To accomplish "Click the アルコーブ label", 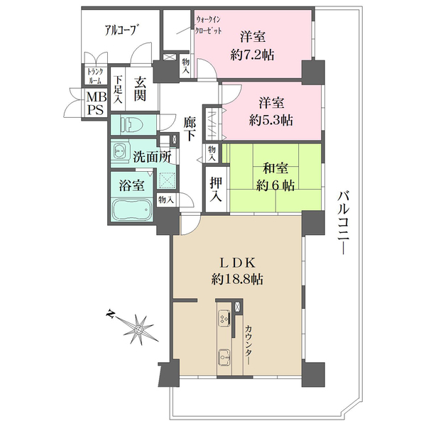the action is tap(121, 30).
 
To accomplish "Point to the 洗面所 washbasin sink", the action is tap(119, 151).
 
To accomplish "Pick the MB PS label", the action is tap(97, 104).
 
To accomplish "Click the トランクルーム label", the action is tap(95, 76).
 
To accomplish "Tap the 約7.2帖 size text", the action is tap(252, 55).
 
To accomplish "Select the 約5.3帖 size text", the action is tap(271, 121).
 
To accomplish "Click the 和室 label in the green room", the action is tap(275, 169).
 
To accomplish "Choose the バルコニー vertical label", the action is tap(344, 223).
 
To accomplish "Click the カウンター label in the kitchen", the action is tap(249, 345).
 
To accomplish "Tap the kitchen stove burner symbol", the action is tap(224, 318).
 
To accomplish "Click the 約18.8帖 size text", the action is tap(237, 279).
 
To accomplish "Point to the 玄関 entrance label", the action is tap(140, 89).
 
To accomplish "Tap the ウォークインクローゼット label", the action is tap(209, 25).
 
